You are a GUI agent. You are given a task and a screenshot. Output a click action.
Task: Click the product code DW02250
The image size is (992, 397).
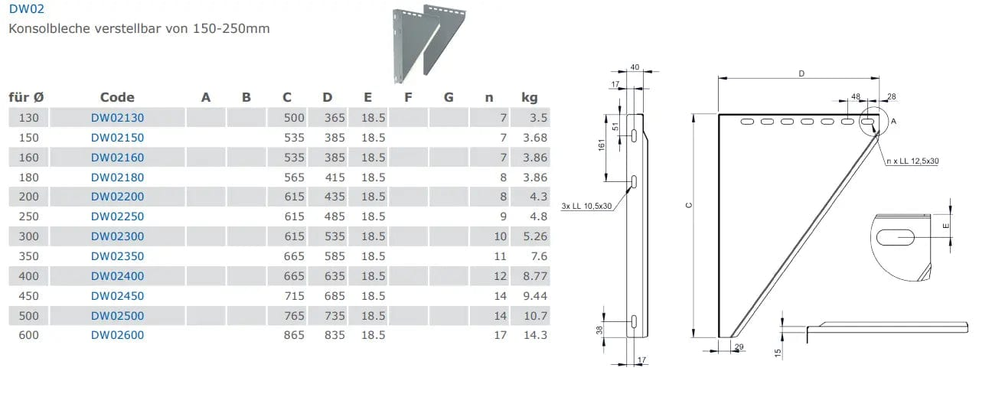coord(117,216)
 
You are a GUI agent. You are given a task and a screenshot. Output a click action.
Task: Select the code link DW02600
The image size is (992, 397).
coord(117,335)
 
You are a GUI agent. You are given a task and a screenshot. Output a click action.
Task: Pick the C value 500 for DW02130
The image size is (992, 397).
coord(294,118)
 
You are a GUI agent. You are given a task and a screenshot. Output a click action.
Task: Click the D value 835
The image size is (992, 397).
coord(334,335)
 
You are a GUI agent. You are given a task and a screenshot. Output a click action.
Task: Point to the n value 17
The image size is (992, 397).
coord(500,335)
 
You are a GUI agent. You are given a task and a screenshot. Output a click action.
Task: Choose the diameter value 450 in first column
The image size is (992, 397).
coord(28,296)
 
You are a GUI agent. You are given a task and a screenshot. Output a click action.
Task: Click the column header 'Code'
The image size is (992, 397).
coord(117,97)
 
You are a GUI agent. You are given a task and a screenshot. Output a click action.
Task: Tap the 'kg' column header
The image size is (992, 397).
coord(529,97)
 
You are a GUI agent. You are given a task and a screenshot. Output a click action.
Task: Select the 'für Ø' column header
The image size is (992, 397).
coord(26,97)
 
